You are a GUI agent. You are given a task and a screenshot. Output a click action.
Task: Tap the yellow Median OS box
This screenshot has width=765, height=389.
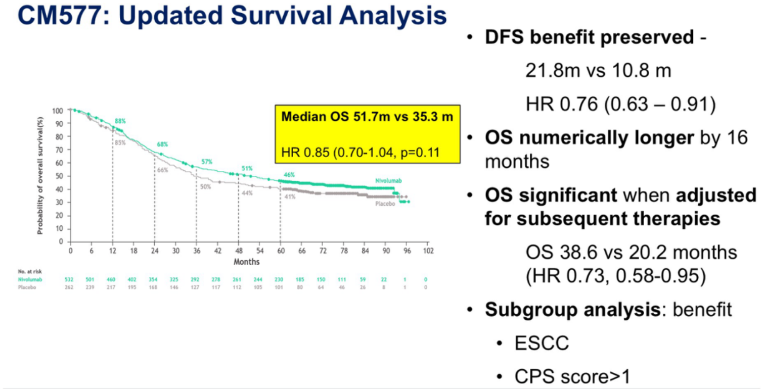point(367,134)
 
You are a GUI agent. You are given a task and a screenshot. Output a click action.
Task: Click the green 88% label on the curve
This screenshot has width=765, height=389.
point(119,121)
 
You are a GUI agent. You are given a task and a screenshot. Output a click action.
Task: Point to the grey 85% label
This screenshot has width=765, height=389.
point(119,142)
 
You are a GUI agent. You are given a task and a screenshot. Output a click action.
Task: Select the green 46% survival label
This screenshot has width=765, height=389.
point(289,175)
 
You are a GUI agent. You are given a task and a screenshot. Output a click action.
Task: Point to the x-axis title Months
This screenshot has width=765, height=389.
point(246,262)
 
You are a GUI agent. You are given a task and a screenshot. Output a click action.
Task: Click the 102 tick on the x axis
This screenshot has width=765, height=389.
point(428,251)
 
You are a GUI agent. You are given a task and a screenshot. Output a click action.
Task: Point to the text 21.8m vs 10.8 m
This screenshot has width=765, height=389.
point(598,71)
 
